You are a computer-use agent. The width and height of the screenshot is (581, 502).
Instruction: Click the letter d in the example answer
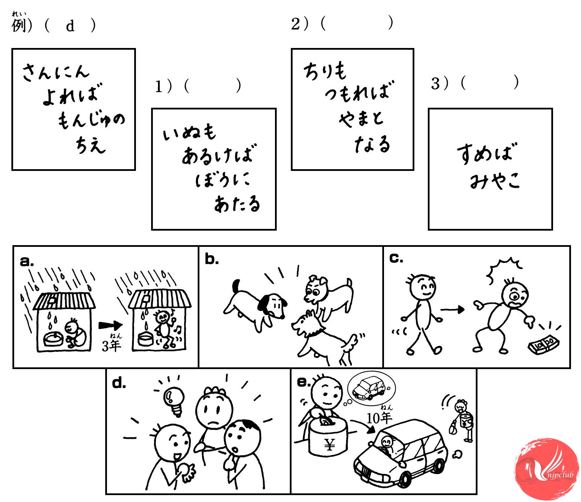[70, 26]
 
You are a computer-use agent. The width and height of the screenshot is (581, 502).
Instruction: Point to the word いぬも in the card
[189, 132]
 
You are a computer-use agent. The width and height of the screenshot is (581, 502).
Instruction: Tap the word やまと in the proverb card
[361, 118]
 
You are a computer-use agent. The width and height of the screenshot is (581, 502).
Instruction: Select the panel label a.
[27, 261]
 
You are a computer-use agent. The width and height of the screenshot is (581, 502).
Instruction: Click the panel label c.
[396, 258]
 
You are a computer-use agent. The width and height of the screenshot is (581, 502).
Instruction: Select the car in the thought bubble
[369, 388]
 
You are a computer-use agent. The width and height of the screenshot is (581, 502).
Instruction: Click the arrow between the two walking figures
[453, 309]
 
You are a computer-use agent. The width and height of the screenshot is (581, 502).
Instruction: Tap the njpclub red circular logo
[546, 470]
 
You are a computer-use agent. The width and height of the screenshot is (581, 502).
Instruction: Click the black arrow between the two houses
[110, 326]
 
